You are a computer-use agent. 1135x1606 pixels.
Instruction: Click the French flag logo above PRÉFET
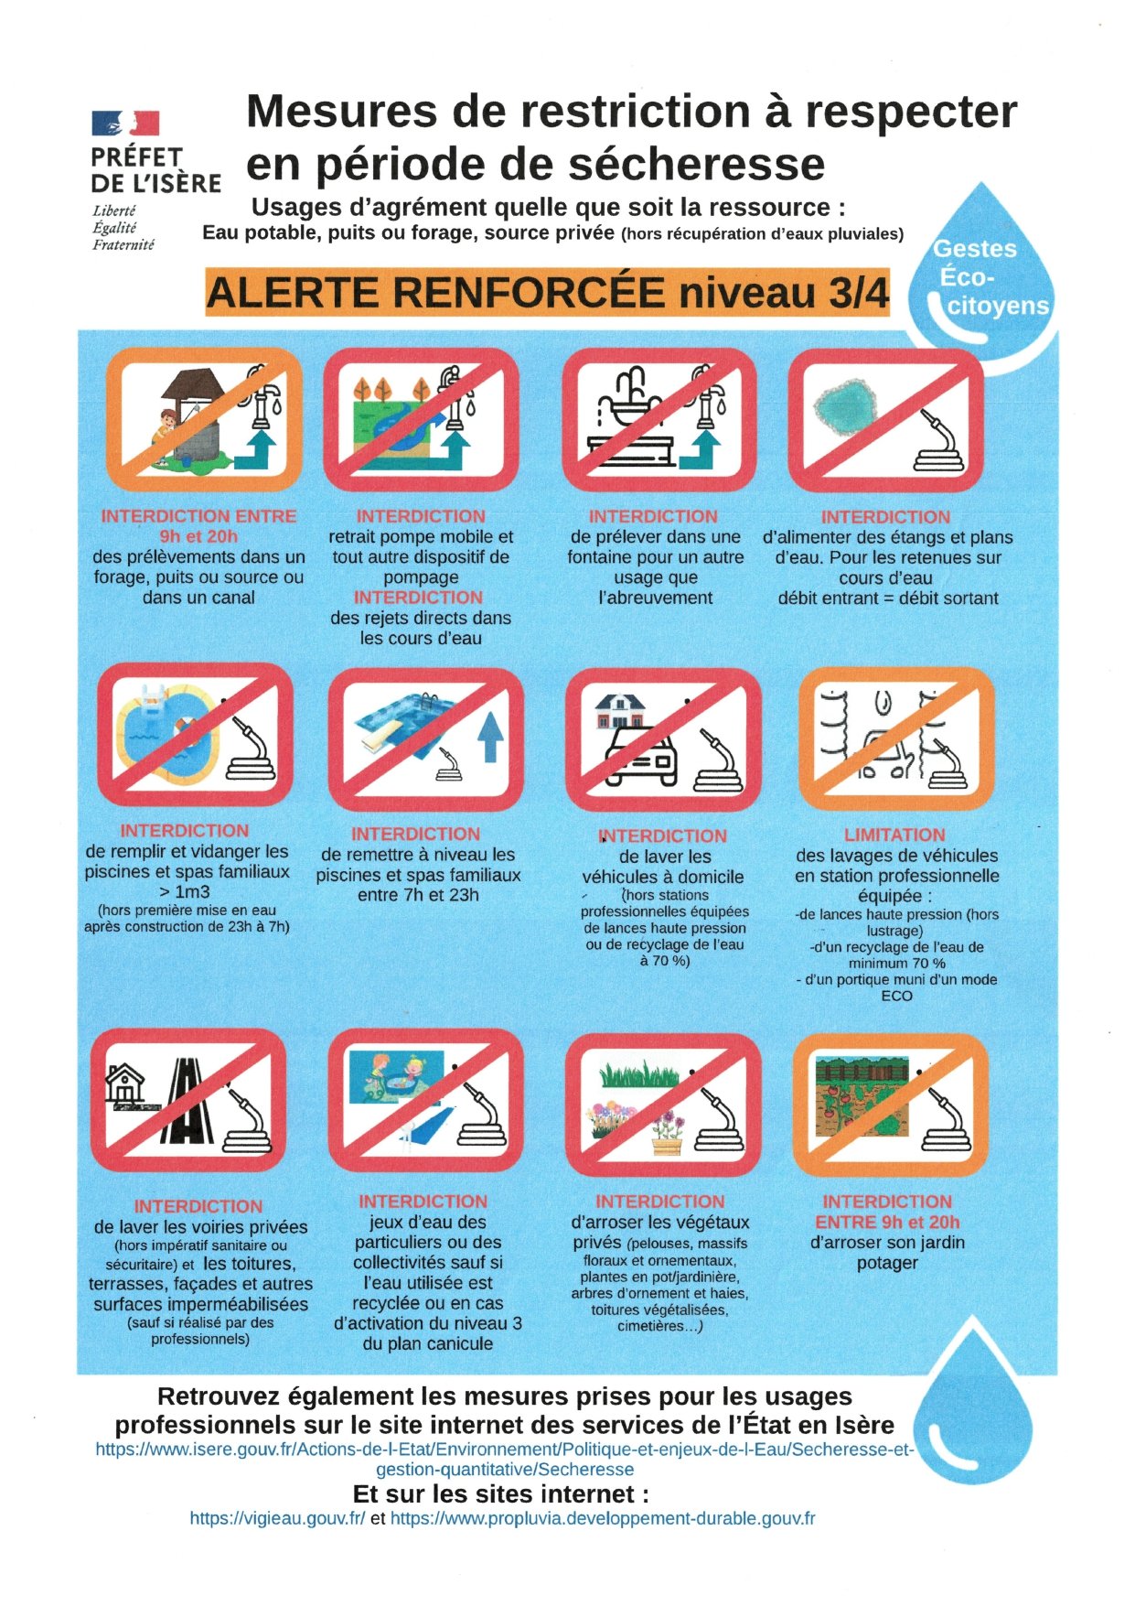(125, 124)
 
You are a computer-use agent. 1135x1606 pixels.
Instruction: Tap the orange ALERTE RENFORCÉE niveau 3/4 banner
(547, 293)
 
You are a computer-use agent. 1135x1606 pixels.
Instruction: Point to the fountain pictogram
(659, 419)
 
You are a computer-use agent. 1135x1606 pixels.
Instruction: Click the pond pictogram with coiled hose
(885, 419)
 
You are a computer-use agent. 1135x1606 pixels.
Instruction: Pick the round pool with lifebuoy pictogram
(195, 735)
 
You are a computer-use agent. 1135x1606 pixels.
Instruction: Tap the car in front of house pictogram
(663, 738)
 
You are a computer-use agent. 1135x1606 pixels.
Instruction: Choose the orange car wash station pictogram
(896, 738)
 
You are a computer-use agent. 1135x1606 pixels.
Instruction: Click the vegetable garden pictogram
(890, 1105)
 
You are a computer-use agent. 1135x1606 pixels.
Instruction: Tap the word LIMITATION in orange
(894, 835)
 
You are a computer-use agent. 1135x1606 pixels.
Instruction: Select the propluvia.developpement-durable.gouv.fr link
(603, 1518)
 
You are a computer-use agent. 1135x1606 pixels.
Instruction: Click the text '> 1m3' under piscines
(186, 892)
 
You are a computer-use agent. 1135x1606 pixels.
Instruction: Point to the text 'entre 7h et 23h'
(418, 895)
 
